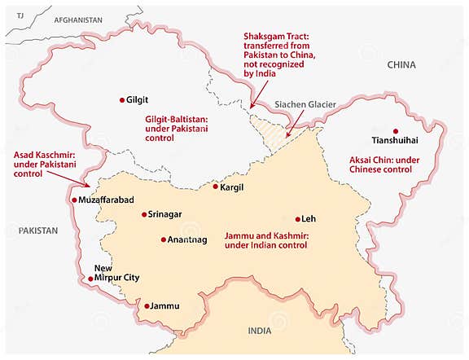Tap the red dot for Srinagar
144,215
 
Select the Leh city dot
298,219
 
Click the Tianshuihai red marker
395,131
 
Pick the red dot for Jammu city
147,306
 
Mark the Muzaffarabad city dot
75,200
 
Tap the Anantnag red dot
164,240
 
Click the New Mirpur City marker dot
90,279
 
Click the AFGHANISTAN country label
78,19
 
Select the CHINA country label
401,64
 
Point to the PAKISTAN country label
39,230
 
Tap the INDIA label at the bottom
260,331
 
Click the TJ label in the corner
22,16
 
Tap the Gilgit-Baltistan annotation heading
177,120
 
